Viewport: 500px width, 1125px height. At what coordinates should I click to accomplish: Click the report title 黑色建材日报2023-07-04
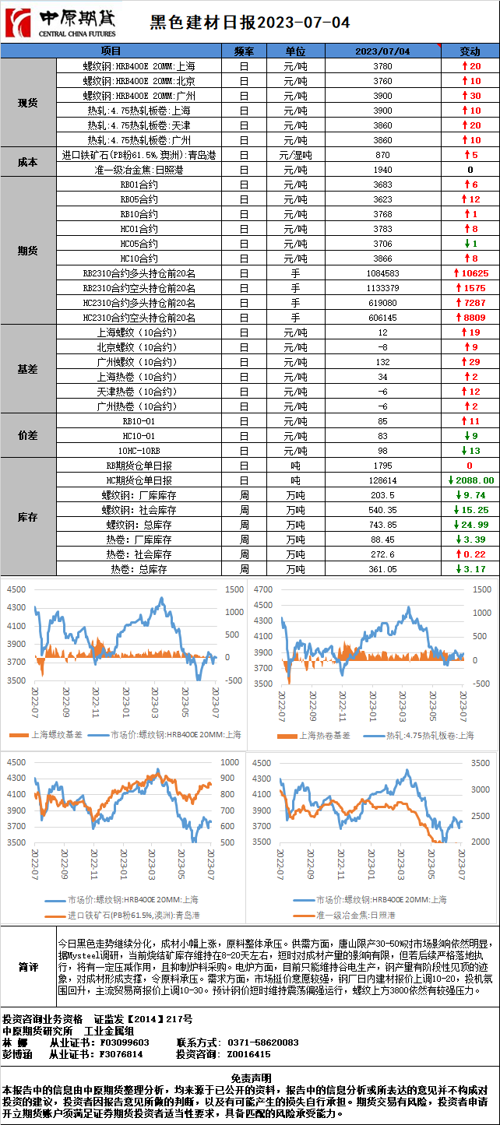coord(249,23)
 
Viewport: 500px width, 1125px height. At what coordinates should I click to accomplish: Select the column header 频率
coord(244,51)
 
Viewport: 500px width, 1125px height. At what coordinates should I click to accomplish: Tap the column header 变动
coord(470,51)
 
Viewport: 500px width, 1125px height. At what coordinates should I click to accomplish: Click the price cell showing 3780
coord(382,66)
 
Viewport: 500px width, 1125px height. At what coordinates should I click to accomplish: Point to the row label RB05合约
coord(139,199)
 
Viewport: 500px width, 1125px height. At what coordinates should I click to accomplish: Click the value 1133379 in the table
coord(382,288)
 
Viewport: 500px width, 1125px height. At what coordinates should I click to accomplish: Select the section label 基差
coord(28,369)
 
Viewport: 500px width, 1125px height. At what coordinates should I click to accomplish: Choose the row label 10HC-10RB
coord(139,451)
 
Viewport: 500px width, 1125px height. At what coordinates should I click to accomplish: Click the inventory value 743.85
coord(382,525)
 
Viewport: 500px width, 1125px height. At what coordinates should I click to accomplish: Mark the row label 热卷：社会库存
coord(139,554)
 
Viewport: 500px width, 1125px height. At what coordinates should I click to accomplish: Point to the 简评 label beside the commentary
coord(28,967)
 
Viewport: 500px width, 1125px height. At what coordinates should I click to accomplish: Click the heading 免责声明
coord(250,1077)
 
